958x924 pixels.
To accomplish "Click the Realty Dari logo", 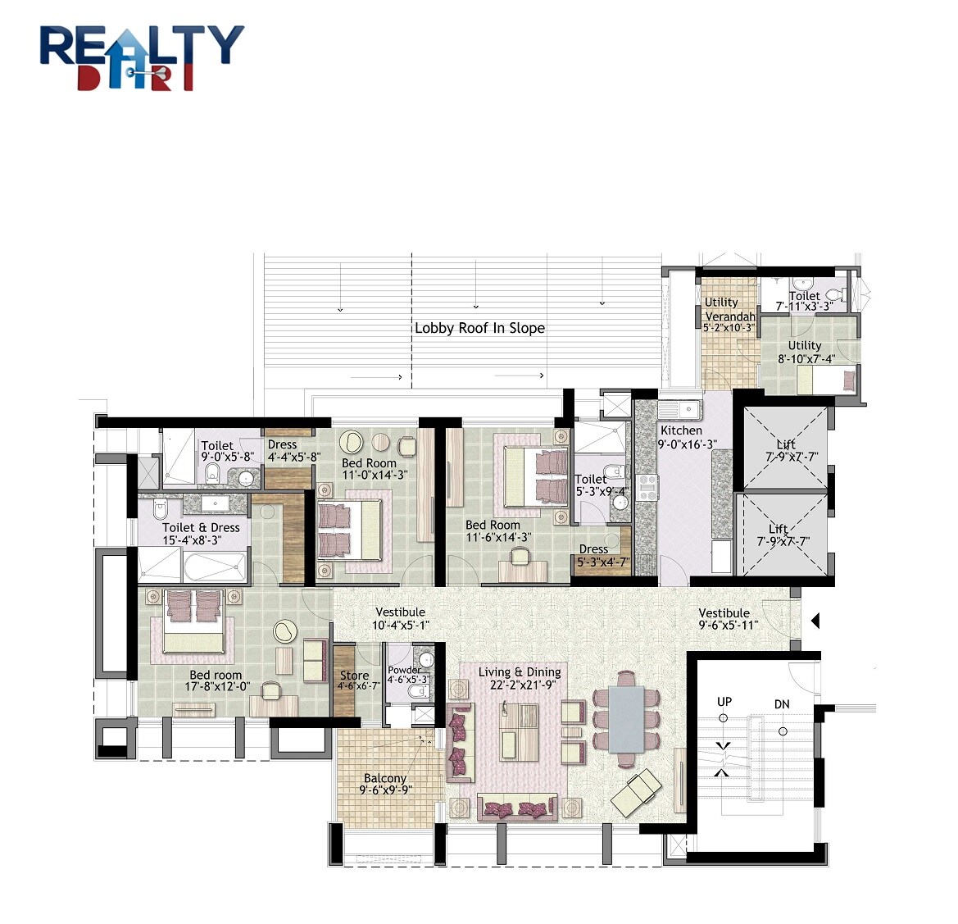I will (x=142, y=57).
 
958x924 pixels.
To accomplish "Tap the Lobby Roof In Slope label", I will (x=479, y=328).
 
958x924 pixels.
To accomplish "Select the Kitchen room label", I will (x=681, y=430).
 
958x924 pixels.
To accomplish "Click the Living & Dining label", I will (x=520, y=672).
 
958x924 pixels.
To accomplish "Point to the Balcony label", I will (x=385, y=778).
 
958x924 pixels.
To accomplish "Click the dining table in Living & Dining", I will (x=626, y=718).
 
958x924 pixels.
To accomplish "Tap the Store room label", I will (x=355, y=676).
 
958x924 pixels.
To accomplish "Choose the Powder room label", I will (x=404, y=670).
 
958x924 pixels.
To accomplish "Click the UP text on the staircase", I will (x=724, y=702).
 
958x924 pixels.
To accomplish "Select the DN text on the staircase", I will (x=782, y=704).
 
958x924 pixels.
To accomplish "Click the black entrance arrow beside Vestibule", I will (x=815, y=621).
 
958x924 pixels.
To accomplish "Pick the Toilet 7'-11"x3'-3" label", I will (x=804, y=301).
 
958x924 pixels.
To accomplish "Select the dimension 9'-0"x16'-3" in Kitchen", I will (x=687, y=444).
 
